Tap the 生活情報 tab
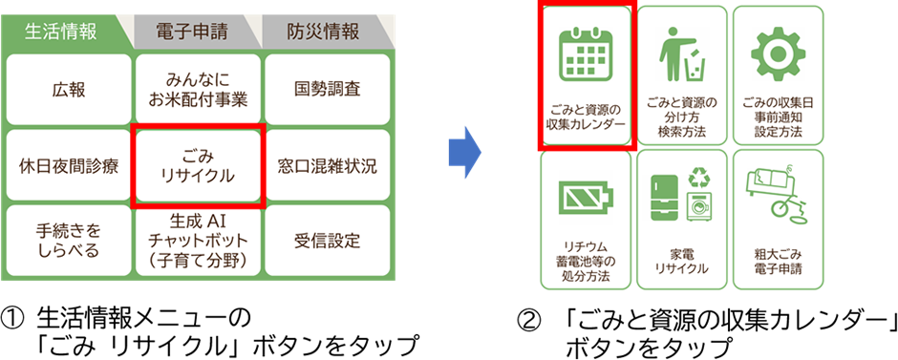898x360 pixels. click(62, 32)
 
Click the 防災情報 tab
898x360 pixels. click(324, 32)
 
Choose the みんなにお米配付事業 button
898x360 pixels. click(198, 90)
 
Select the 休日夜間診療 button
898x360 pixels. click(68, 166)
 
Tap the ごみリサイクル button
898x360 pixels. click(198, 166)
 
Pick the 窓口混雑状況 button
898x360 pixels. click(328, 166)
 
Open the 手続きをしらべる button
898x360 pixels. click(68, 241)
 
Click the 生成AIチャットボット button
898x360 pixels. click(198, 241)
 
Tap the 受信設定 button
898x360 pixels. click(328, 241)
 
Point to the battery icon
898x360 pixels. click(586, 198)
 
